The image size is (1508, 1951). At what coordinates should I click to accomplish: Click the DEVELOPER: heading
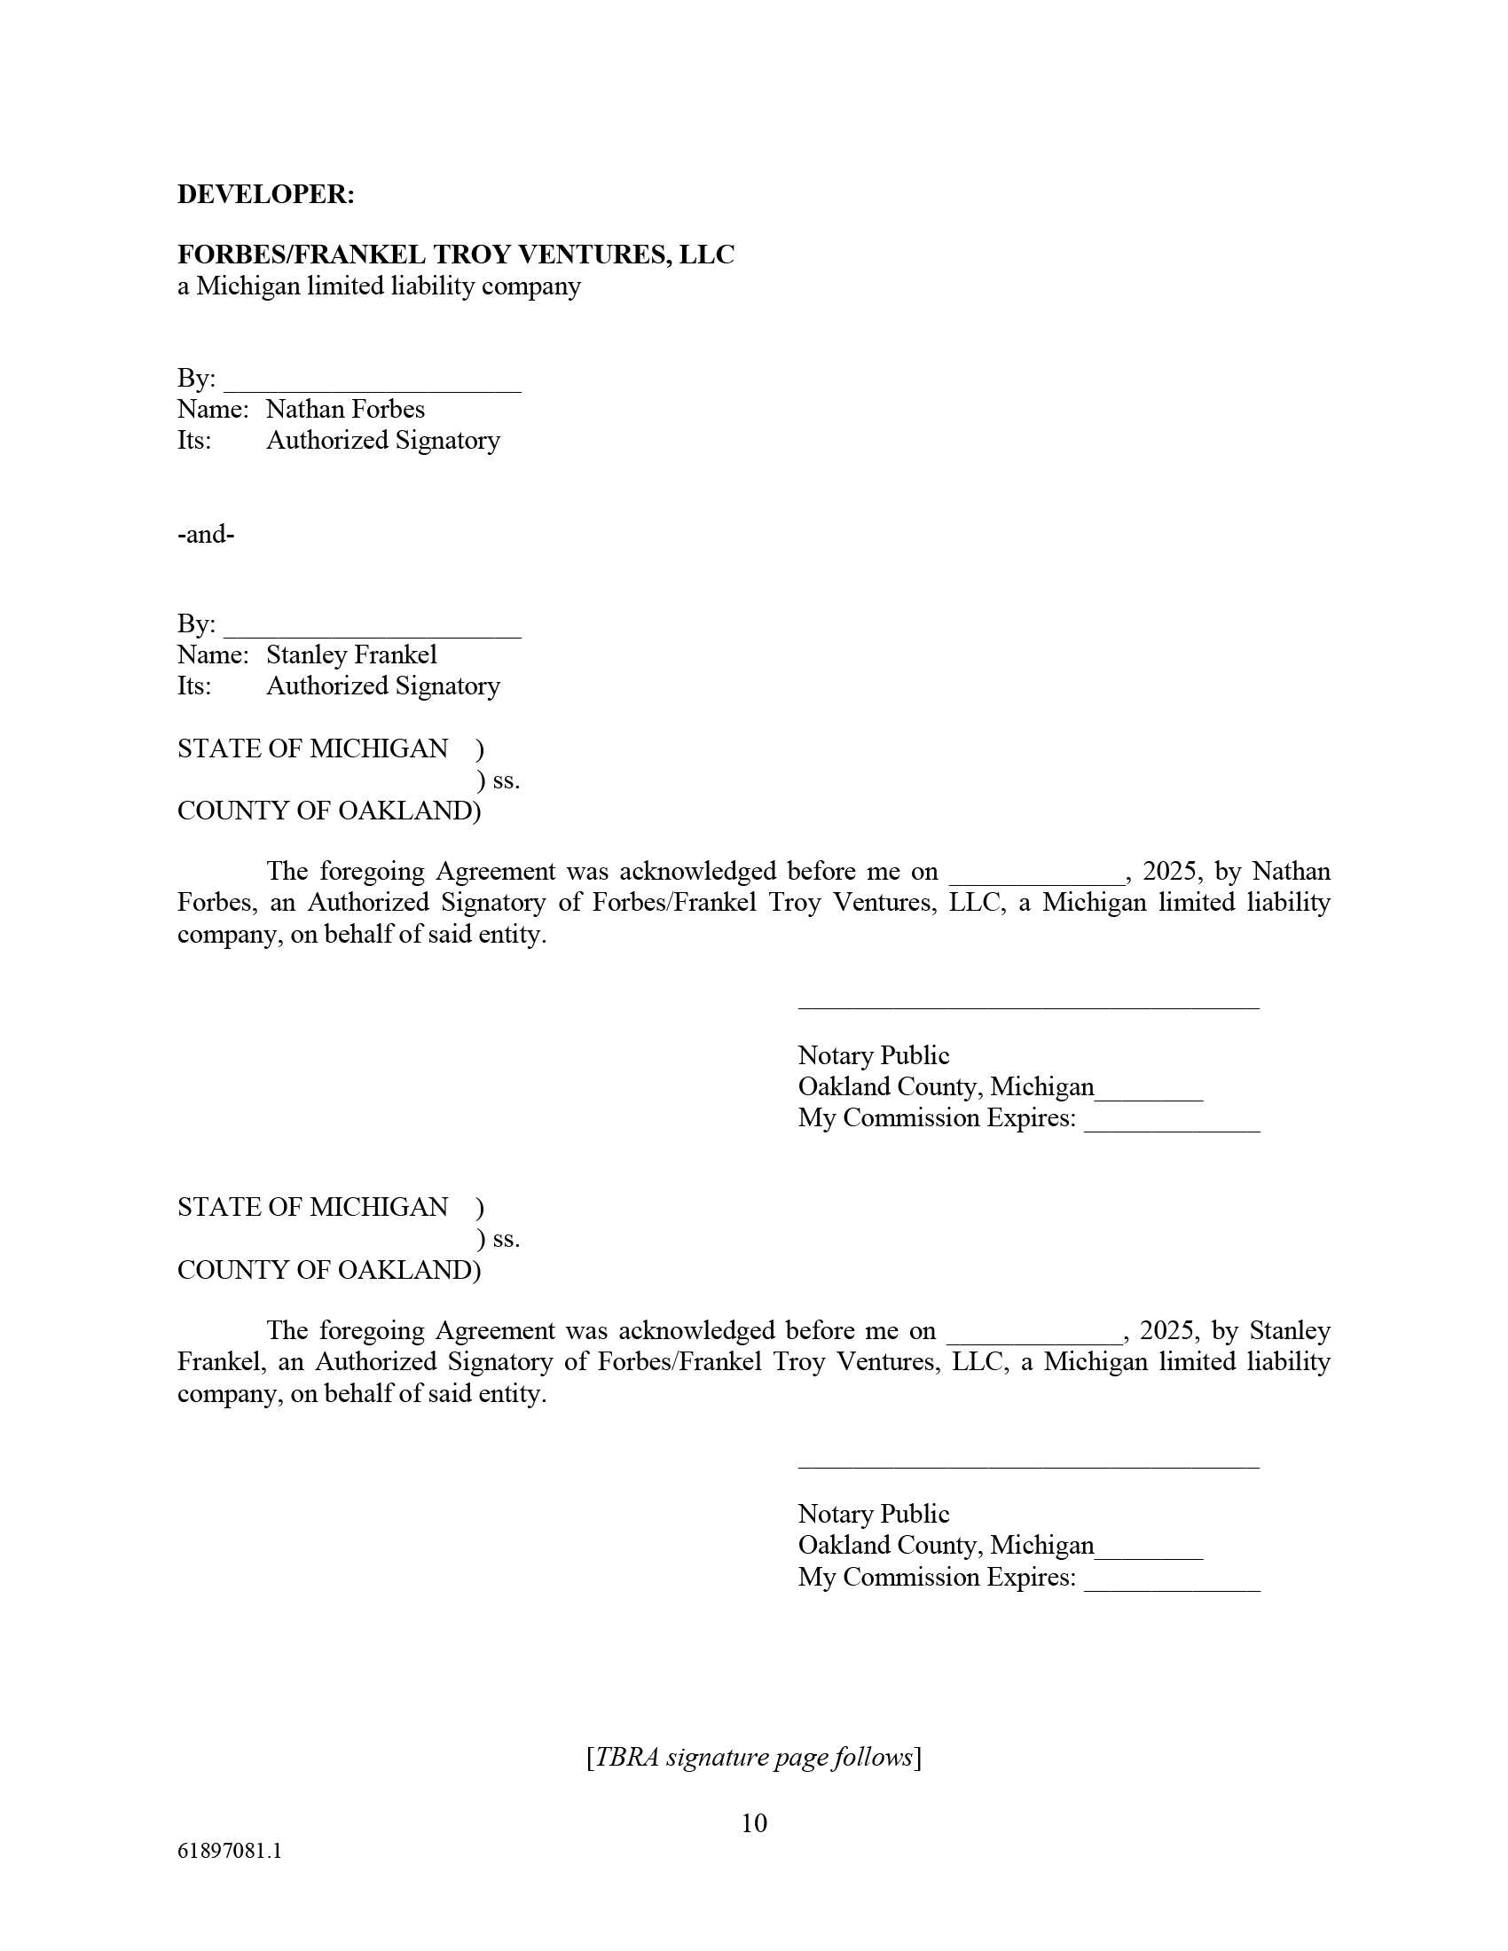click(x=265, y=195)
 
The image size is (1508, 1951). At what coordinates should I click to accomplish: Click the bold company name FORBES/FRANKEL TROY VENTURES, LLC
click(x=456, y=255)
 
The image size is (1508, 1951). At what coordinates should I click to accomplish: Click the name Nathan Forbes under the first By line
click(x=345, y=409)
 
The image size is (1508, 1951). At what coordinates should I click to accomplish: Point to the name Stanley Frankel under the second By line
click(x=351, y=654)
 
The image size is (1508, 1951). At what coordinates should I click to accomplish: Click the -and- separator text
click(x=206, y=534)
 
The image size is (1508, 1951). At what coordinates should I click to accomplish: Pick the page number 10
click(x=753, y=1822)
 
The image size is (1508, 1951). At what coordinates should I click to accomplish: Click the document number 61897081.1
click(x=230, y=1851)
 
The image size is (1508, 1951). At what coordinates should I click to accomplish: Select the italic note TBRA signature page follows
click(x=753, y=1757)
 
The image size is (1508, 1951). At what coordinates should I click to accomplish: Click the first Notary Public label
click(x=873, y=1056)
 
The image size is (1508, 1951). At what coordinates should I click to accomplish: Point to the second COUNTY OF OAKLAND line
click(x=328, y=1270)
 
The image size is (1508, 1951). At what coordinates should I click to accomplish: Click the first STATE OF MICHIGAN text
click(x=311, y=748)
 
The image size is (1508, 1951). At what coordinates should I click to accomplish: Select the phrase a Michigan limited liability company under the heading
click(x=379, y=286)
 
